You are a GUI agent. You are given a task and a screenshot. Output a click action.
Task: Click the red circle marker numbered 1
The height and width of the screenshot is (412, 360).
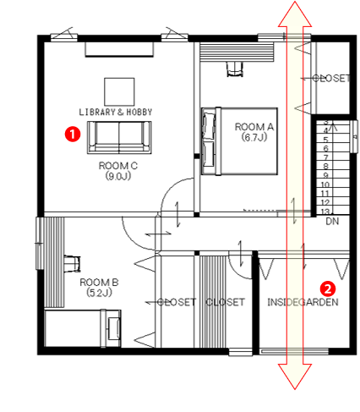click(x=73, y=134)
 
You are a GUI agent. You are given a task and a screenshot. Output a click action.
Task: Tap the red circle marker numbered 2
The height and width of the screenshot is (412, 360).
click(x=328, y=288)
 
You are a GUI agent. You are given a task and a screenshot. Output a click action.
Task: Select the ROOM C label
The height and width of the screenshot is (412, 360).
click(x=118, y=171)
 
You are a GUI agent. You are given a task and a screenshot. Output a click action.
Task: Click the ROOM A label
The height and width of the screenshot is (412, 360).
click(x=254, y=132)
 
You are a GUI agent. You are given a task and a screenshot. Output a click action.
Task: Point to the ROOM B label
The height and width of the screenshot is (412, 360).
click(x=99, y=287)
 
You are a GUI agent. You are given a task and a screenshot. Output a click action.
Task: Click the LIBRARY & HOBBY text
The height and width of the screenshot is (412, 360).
click(x=116, y=112)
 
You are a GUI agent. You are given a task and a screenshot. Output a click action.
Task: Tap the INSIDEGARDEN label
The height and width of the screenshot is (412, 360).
click(x=303, y=302)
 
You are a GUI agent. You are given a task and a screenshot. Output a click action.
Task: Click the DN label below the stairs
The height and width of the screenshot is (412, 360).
click(x=332, y=222)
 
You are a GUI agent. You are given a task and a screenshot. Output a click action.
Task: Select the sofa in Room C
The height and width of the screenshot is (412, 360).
click(x=119, y=137)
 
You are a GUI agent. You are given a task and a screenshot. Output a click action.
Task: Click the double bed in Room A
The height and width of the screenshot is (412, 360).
click(x=239, y=141)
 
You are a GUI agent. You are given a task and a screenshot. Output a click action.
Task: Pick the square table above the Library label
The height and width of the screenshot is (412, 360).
click(x=119, y=92)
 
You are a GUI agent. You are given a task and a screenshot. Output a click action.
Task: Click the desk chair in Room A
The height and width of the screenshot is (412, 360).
click(x=234, y=69)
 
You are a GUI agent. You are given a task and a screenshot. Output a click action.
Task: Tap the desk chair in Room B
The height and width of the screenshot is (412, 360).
click(x=72, y=264)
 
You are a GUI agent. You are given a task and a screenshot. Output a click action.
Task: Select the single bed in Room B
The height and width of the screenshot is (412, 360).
click(x=83, y=328)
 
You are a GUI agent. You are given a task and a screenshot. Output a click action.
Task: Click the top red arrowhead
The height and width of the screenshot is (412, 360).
click(x=295, y=14)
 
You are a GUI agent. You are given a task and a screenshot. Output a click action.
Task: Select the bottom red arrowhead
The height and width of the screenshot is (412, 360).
click(x=295, y=376)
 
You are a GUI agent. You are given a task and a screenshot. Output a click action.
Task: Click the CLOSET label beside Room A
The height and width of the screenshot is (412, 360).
click(x=331, y=78)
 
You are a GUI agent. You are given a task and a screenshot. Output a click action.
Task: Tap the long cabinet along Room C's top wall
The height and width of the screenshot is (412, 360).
click(x=119, y=50)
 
